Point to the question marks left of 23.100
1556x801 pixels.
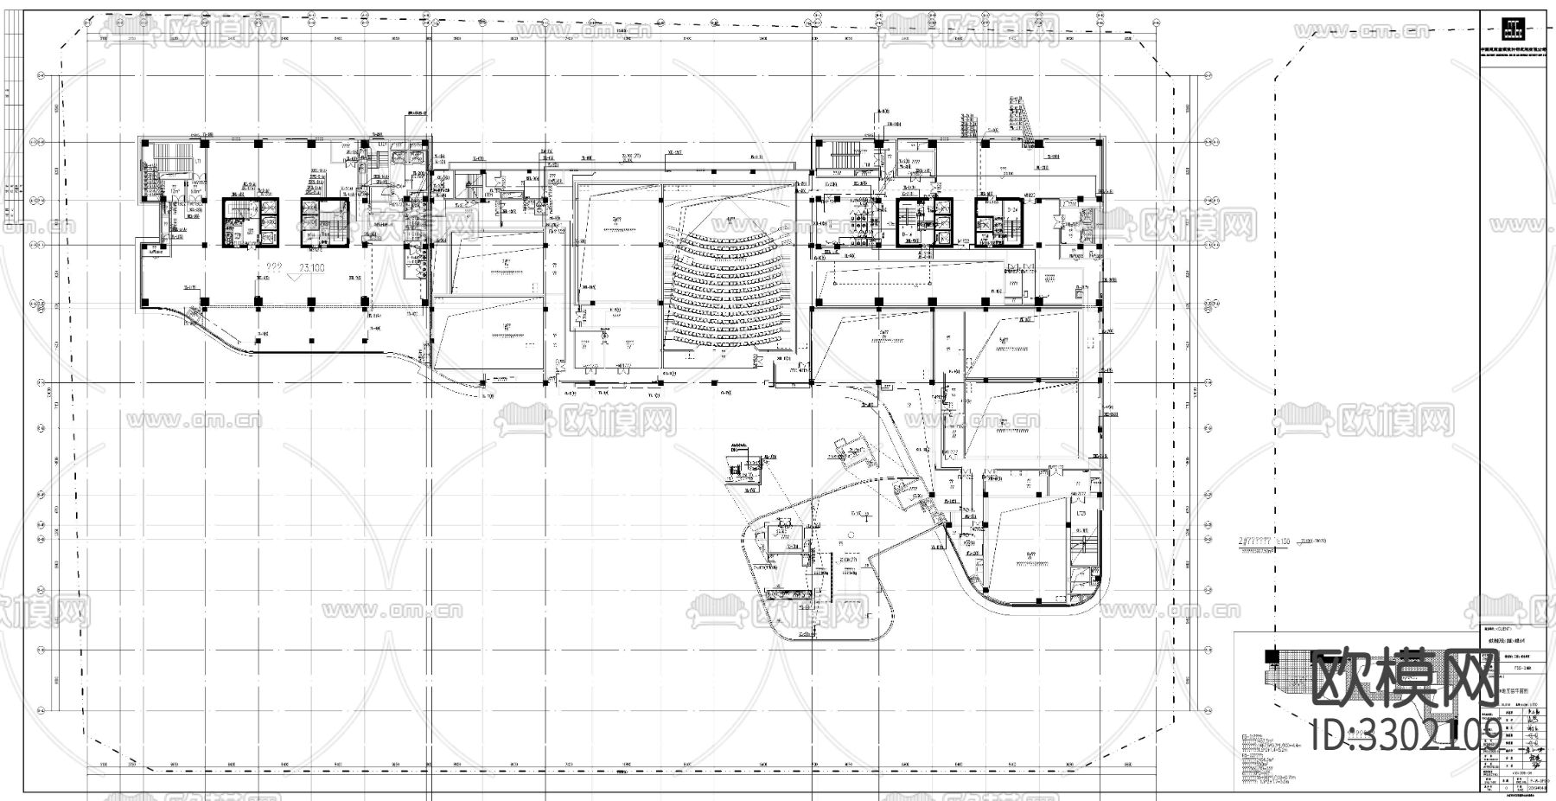pos(275,268)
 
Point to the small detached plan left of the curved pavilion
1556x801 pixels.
pos(743,468)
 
